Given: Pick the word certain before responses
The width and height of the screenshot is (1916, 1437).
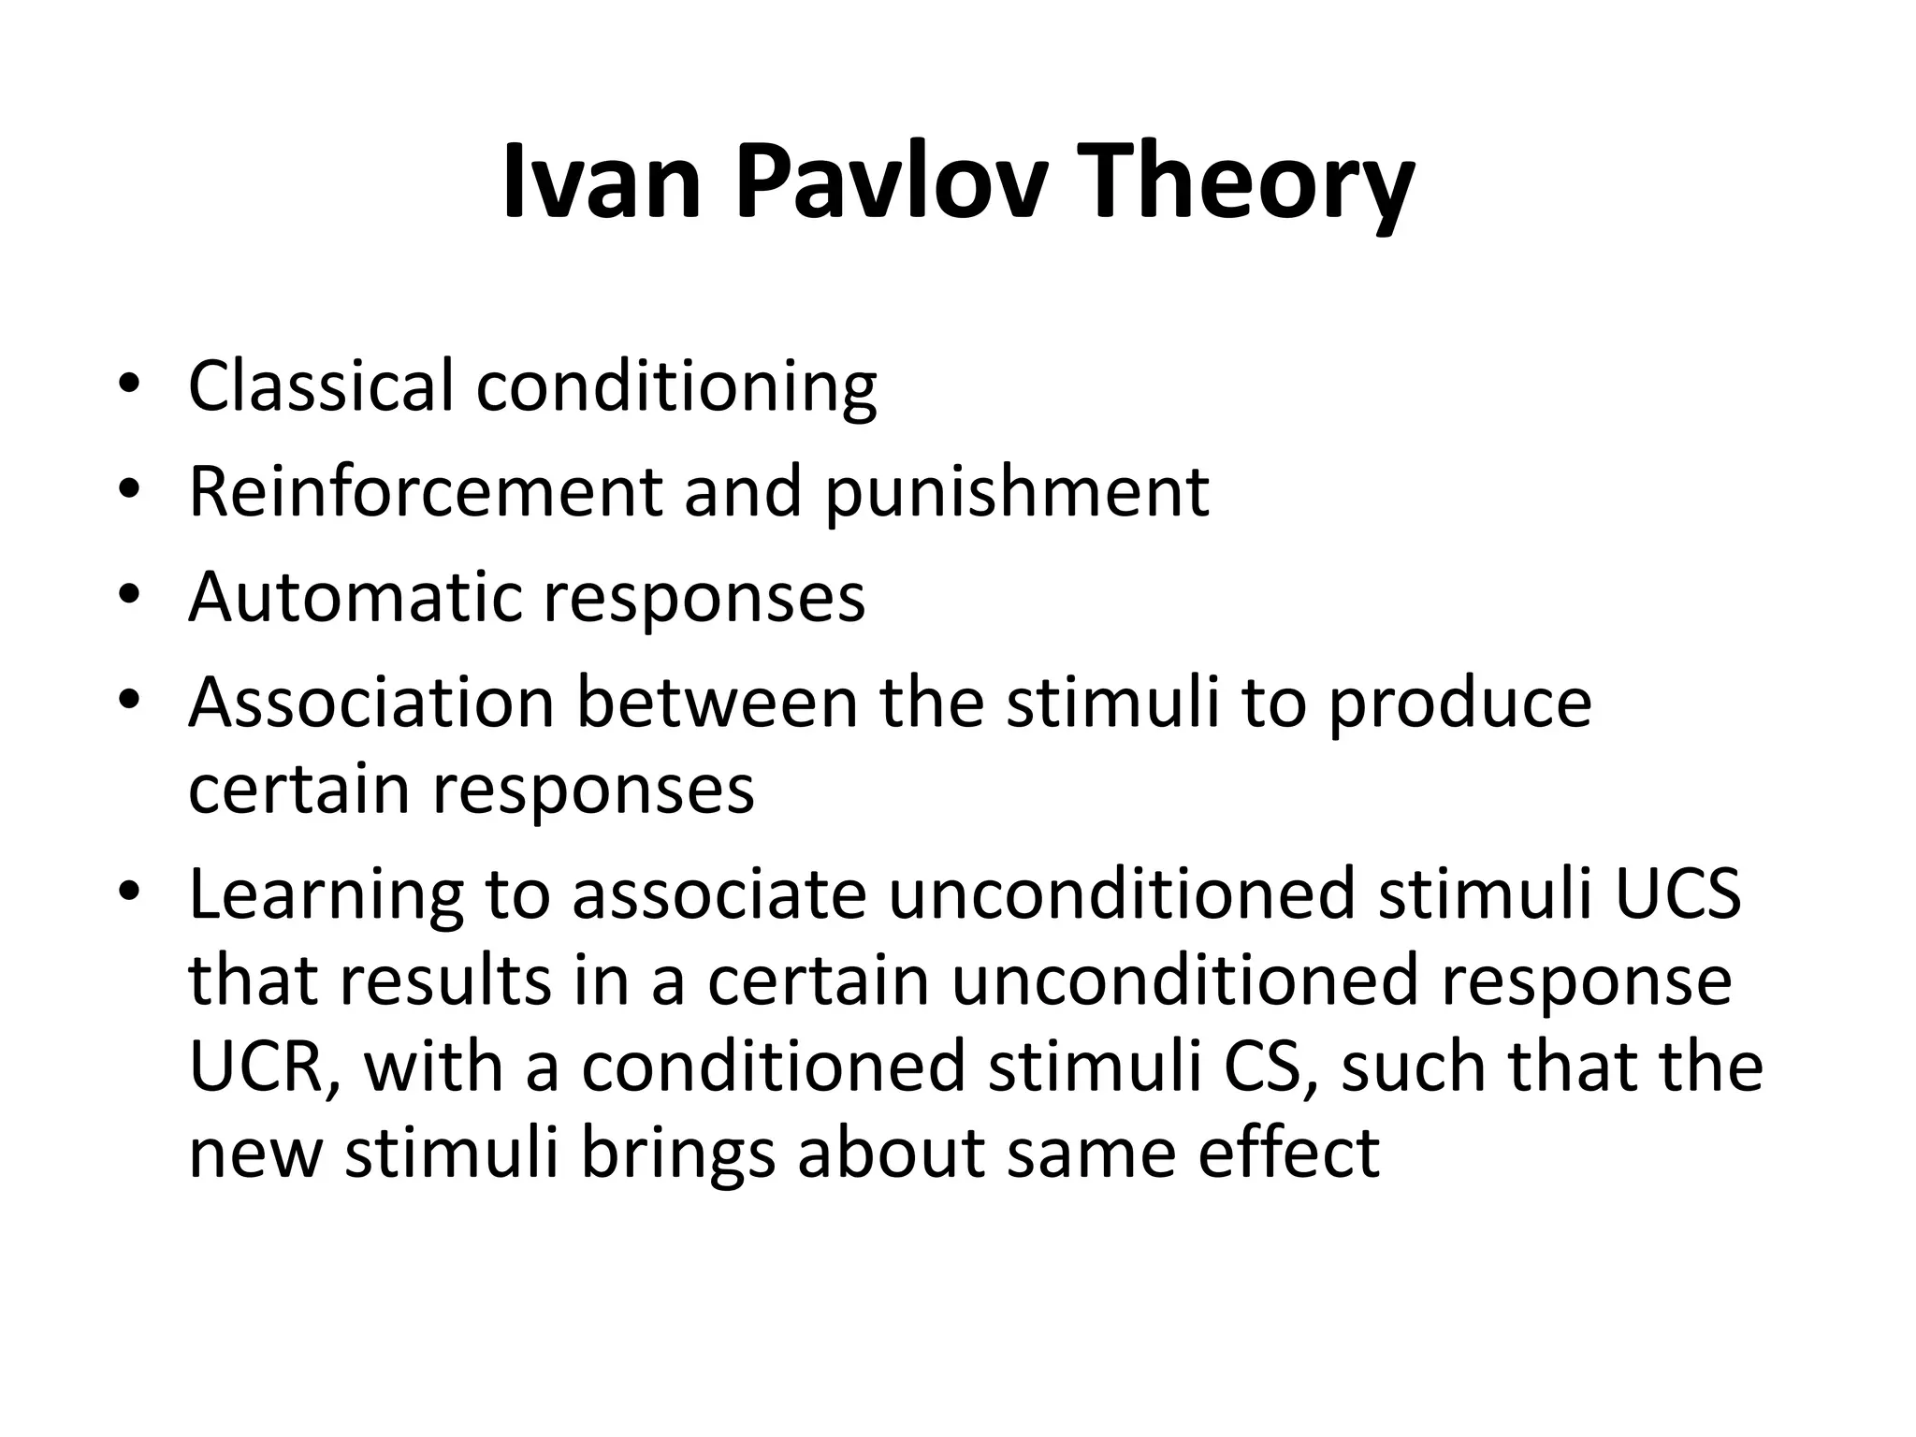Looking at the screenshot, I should pos(298,788).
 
